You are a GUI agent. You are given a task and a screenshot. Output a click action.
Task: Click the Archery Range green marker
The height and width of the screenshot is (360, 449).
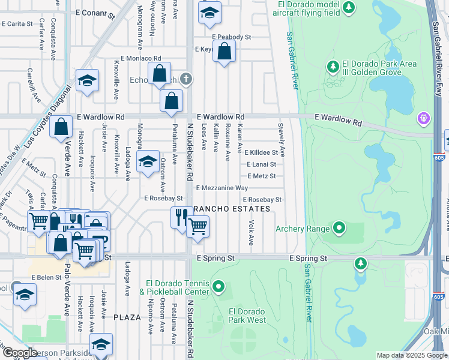(x=339, y=228)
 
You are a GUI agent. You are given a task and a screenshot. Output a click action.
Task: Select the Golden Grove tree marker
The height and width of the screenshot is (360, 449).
(x=333, y=67)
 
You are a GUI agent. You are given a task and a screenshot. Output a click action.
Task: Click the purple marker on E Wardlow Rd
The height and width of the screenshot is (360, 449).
(x=425, y=118)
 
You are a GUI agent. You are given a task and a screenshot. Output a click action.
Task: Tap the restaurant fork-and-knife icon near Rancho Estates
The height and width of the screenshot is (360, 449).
(x=179, y=217)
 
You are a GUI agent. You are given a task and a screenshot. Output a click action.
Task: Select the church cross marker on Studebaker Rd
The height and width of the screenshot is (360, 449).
(x=186, y=79)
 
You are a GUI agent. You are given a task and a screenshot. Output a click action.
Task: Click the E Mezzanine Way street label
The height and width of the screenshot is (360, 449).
(x=221, y=188)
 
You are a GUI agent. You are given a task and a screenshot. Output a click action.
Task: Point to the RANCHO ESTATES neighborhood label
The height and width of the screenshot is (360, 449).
(x=231, y=208)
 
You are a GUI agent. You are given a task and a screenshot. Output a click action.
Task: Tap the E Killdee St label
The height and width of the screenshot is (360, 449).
(x=261, y=153)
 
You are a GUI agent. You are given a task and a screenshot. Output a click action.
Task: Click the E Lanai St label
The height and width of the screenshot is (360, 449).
(x=261, y=164)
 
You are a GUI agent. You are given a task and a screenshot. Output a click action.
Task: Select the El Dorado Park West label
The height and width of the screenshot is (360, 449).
(x=247, y=316)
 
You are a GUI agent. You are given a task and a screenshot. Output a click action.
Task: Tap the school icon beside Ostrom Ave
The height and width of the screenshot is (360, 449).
(x=147, y=162)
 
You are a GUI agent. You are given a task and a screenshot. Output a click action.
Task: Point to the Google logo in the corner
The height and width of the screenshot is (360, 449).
(x=20, y=353)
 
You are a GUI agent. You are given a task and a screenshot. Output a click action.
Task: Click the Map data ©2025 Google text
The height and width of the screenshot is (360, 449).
(x=411, y=355)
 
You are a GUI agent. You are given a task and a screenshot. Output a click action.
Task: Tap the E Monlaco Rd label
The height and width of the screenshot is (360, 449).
(x=141, y=58)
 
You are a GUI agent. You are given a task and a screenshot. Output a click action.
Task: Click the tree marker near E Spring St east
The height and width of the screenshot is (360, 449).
(x=360, y=263)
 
